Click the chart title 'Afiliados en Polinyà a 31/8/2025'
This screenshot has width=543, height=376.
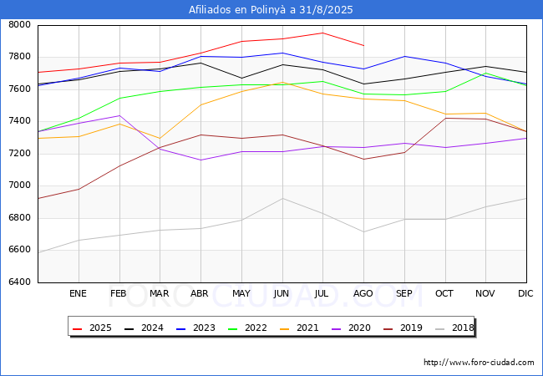(271, 10)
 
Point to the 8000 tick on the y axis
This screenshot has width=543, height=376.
(19, 25)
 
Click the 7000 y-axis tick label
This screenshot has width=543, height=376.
(19, 185)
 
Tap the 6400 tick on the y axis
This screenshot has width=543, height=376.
(19, 282)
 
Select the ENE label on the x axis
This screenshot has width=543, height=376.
(78, 293)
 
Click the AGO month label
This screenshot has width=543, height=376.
(363, 293)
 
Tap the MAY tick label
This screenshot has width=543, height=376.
(241, 293)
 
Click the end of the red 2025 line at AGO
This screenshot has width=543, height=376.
(363, 45)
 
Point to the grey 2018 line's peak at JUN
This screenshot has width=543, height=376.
(282, 198)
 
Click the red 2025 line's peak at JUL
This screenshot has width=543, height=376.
(322, 33)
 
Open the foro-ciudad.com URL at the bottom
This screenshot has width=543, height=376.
(479, 363)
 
